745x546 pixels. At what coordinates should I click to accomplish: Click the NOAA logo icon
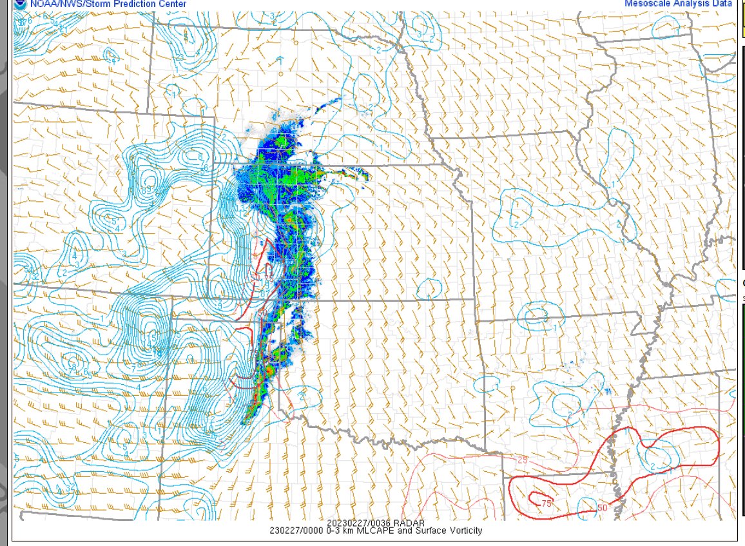19,4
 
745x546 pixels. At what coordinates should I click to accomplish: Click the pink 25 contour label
523,460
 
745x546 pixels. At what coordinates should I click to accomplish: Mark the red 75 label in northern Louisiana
547,503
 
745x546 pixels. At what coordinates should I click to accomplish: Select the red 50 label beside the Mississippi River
603,508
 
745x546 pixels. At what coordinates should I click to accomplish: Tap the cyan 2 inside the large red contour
652,466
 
